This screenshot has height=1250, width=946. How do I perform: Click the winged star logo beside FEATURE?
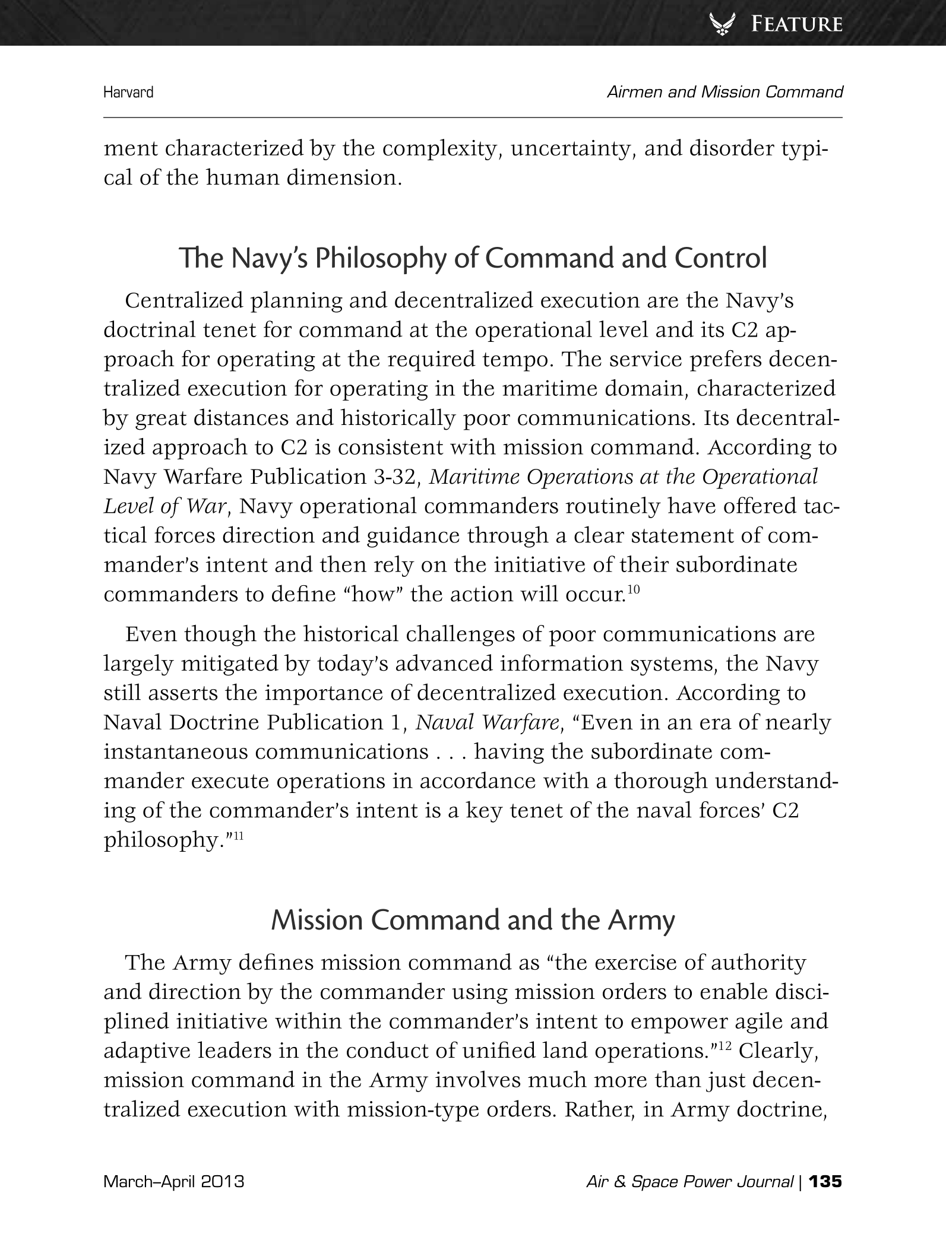coord(724,24)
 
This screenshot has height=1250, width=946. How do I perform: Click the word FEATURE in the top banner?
coord(796,24)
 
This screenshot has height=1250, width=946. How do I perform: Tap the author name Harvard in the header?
coord(128,92)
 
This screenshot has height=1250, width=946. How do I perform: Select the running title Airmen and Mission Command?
coord(724,92)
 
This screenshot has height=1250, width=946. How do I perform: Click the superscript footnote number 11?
coord(241,836)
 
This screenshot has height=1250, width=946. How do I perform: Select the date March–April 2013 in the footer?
coord(174,1182)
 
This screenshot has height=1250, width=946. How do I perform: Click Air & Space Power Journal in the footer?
coord(689,1182)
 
